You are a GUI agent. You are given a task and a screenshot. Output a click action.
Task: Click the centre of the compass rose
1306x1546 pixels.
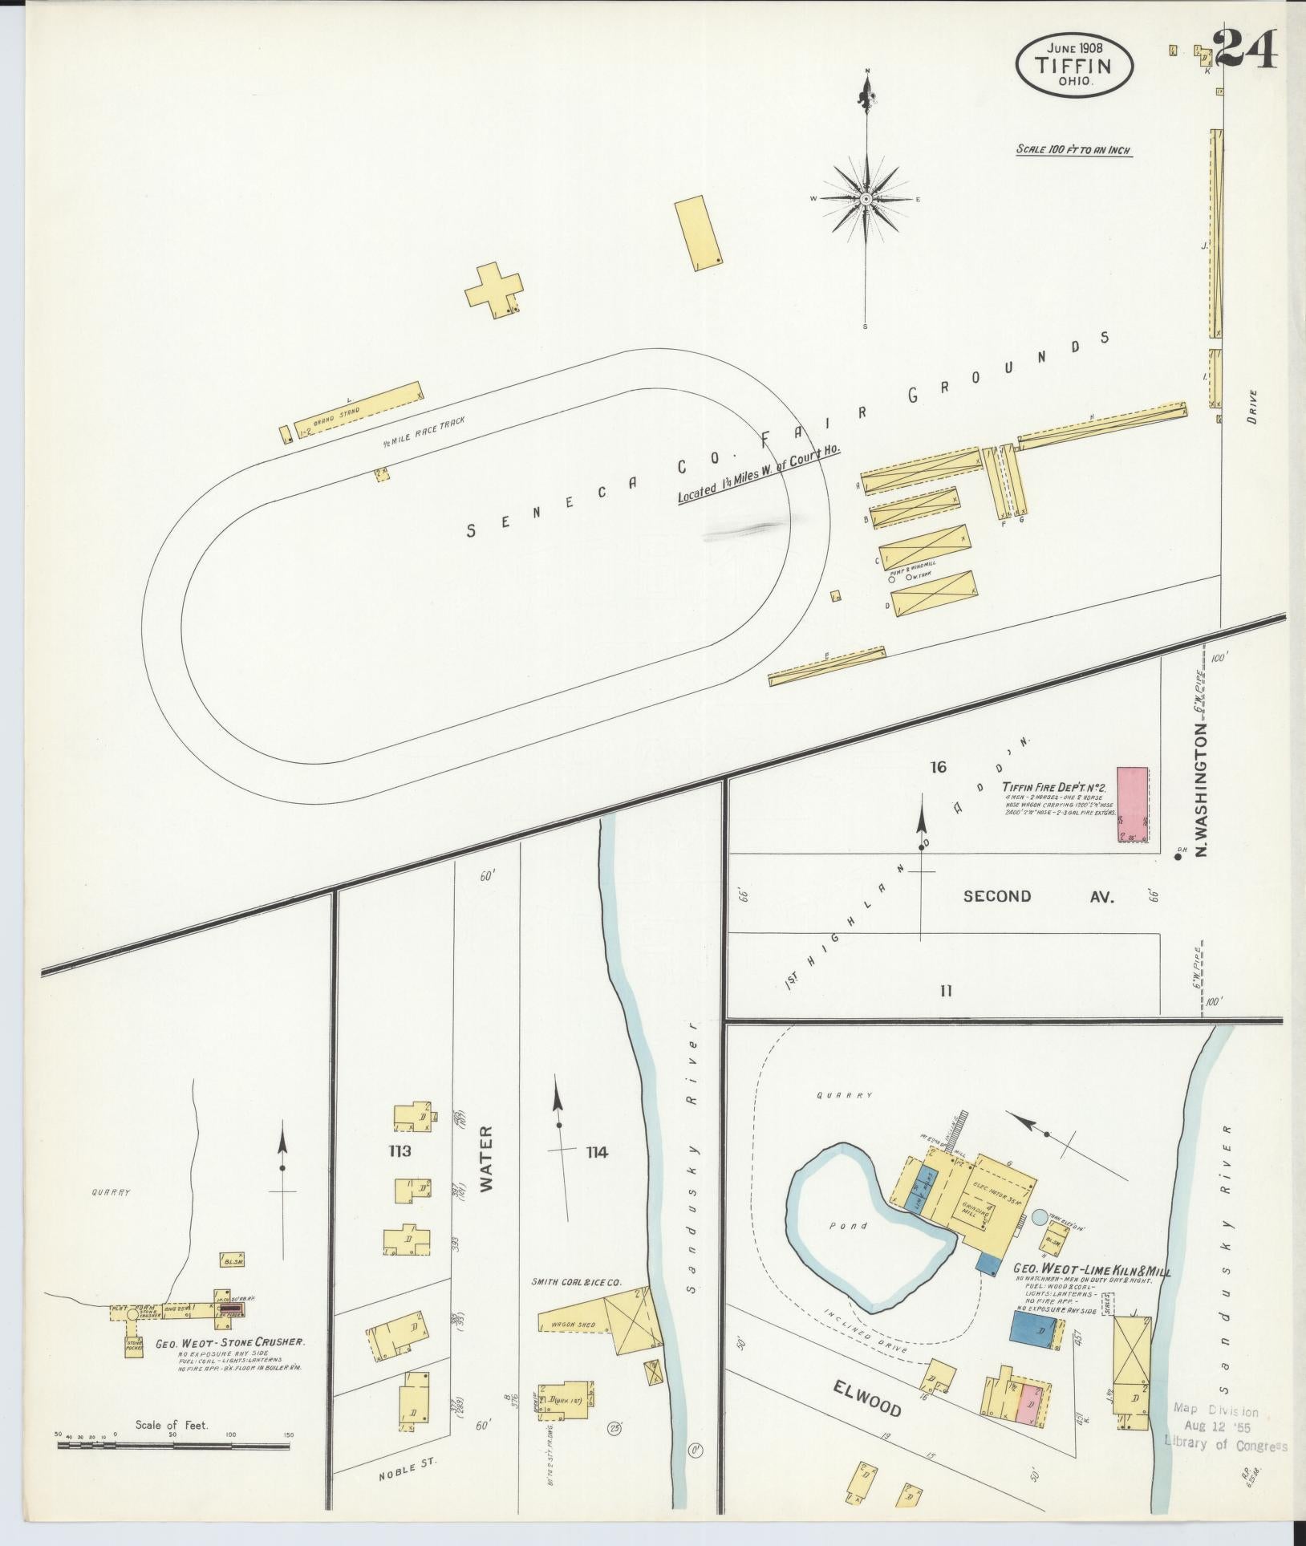[866, 198]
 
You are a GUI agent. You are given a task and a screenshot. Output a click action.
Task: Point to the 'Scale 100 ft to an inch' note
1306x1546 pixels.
[1073, 149]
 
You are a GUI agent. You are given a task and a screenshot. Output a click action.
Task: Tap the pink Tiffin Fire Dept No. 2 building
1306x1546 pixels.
[1132, 803]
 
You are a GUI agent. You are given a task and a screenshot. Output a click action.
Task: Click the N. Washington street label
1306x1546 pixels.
[1201, 789]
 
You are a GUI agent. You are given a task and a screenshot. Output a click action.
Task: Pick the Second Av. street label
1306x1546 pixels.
[1038, 896]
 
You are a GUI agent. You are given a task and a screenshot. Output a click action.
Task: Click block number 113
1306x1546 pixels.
[399, 1151]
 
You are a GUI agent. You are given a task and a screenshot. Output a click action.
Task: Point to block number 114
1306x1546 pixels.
[596, 1153]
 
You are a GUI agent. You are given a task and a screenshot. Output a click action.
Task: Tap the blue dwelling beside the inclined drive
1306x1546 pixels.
[1032, 1330]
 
